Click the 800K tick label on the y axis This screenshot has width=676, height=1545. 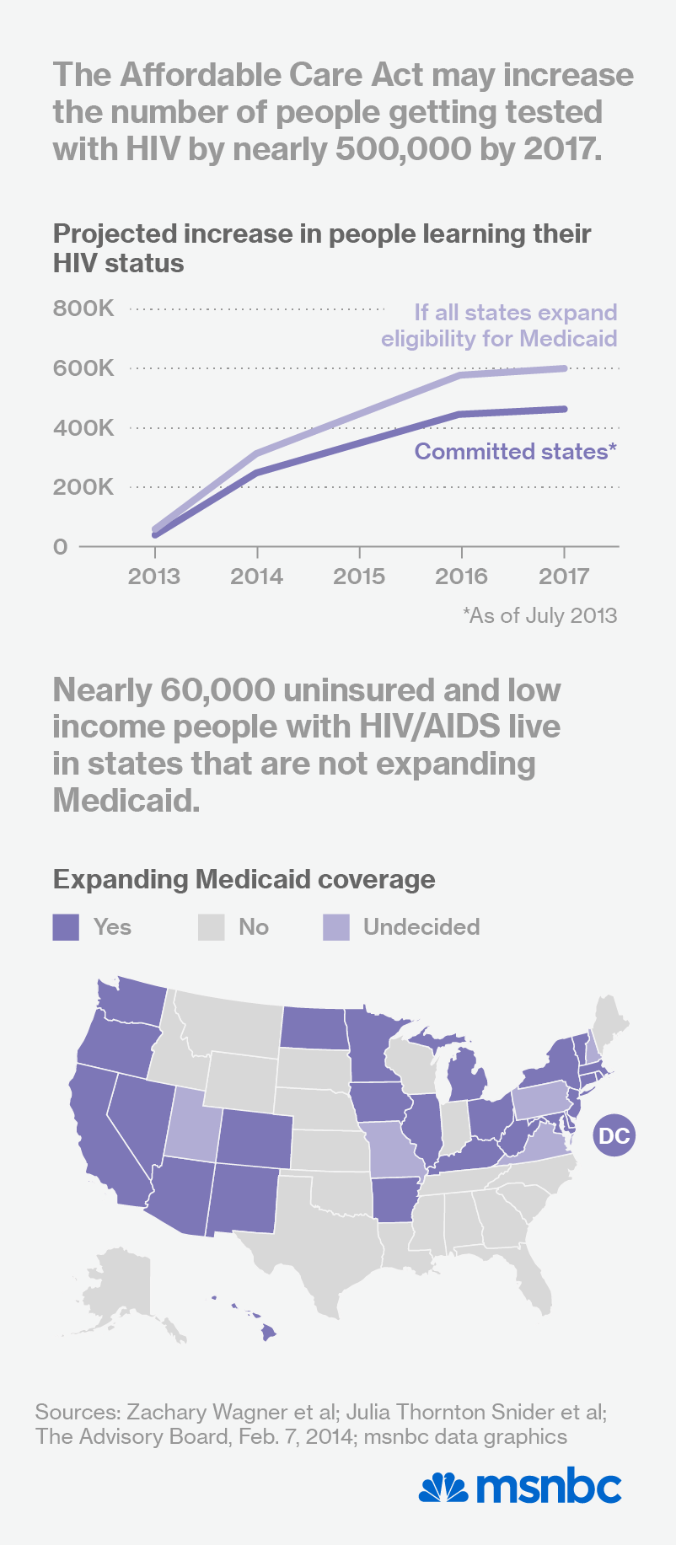tap(83, 308)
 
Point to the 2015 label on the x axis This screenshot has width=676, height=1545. tap(359, 577)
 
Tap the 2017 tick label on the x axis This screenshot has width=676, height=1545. tap(564, 577)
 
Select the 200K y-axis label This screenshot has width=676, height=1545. tap(83, 487)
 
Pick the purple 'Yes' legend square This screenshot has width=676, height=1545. tap(66, 927)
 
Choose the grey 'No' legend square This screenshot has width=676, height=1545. tap(212, 927)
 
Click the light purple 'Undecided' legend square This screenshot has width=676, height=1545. tap(336, 927)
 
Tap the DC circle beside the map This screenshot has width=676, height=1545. tap(614, 1135)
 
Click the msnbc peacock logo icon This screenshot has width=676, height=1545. tap(443, 1488)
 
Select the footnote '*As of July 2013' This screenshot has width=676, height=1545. tap(539, 615)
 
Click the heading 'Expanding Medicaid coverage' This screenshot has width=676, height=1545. tap(244, 879)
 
